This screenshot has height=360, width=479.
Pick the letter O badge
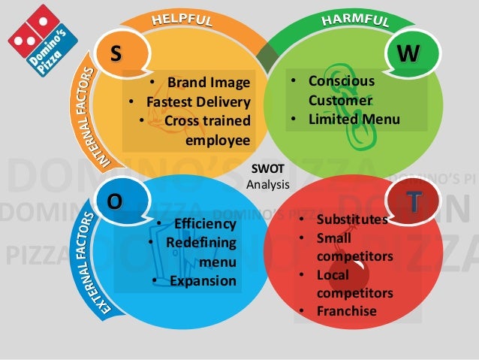click(114, 201)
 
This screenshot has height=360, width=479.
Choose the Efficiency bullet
click(204, 224)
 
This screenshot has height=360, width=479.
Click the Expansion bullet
click(203, 281)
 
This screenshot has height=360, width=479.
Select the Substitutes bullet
click(351, 219)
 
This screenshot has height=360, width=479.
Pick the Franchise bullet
click(346, 310)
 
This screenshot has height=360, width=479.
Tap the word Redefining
click(200, 243)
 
